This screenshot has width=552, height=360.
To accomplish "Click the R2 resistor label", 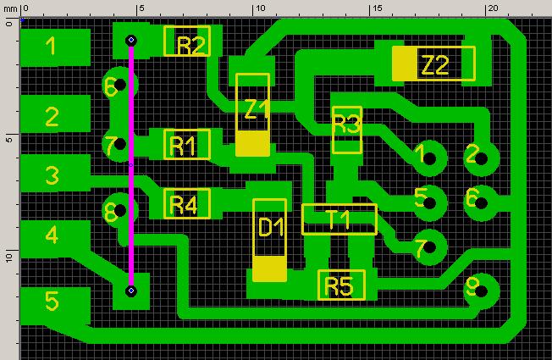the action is click(x=190, y=46).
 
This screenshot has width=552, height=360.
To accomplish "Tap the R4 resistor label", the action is click(x=183, y=205).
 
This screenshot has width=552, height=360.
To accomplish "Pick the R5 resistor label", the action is click(x=339, y=285).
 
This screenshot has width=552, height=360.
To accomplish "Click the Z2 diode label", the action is click(x=435, y=65).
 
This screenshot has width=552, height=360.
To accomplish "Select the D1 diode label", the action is click(x=271, y=227).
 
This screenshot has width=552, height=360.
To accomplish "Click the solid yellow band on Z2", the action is click(x=405, y=64).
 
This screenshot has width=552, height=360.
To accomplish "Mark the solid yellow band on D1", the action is click(x=270, y=269).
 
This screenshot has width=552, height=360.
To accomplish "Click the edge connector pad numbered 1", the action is click(x=55, y=47).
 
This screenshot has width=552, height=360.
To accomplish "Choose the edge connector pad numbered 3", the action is click(x=55, y=174).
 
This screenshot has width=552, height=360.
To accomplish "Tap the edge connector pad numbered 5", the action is click(x=55, y=306).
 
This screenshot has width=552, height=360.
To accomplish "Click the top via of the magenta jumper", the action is click(x=131, y=40).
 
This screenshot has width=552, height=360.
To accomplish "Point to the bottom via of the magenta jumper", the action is click(x=131, y=291).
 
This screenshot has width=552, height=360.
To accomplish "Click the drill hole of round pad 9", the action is click(x=481, y=291).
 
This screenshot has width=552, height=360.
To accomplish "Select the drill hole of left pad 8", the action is click(x=120, y=210).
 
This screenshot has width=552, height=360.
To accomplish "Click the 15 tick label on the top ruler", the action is click(x=378, y=8).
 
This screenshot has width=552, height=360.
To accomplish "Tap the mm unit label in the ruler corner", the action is click(x=10, y=8).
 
